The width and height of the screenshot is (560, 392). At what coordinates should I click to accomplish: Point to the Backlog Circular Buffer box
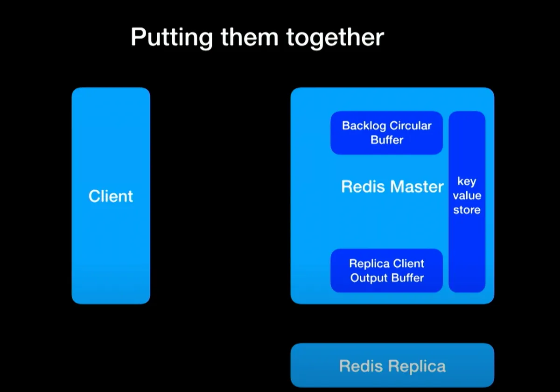tap(386, 133)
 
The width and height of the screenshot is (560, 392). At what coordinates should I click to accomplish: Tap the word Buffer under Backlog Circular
tap(387, 140)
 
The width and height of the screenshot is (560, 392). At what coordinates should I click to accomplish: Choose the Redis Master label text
tap(392, 187)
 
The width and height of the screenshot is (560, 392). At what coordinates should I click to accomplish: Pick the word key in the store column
tap(467, 182)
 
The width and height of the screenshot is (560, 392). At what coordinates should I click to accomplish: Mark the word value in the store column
tap(467, 196)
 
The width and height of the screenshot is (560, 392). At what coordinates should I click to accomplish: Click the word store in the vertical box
tap(467, 210)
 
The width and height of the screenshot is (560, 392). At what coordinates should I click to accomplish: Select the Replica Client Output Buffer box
tap(386, 271)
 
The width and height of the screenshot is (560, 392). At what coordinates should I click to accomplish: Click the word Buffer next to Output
tap(407, 278)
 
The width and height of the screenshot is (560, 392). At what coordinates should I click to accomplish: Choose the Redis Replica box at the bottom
tap(392, 366)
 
